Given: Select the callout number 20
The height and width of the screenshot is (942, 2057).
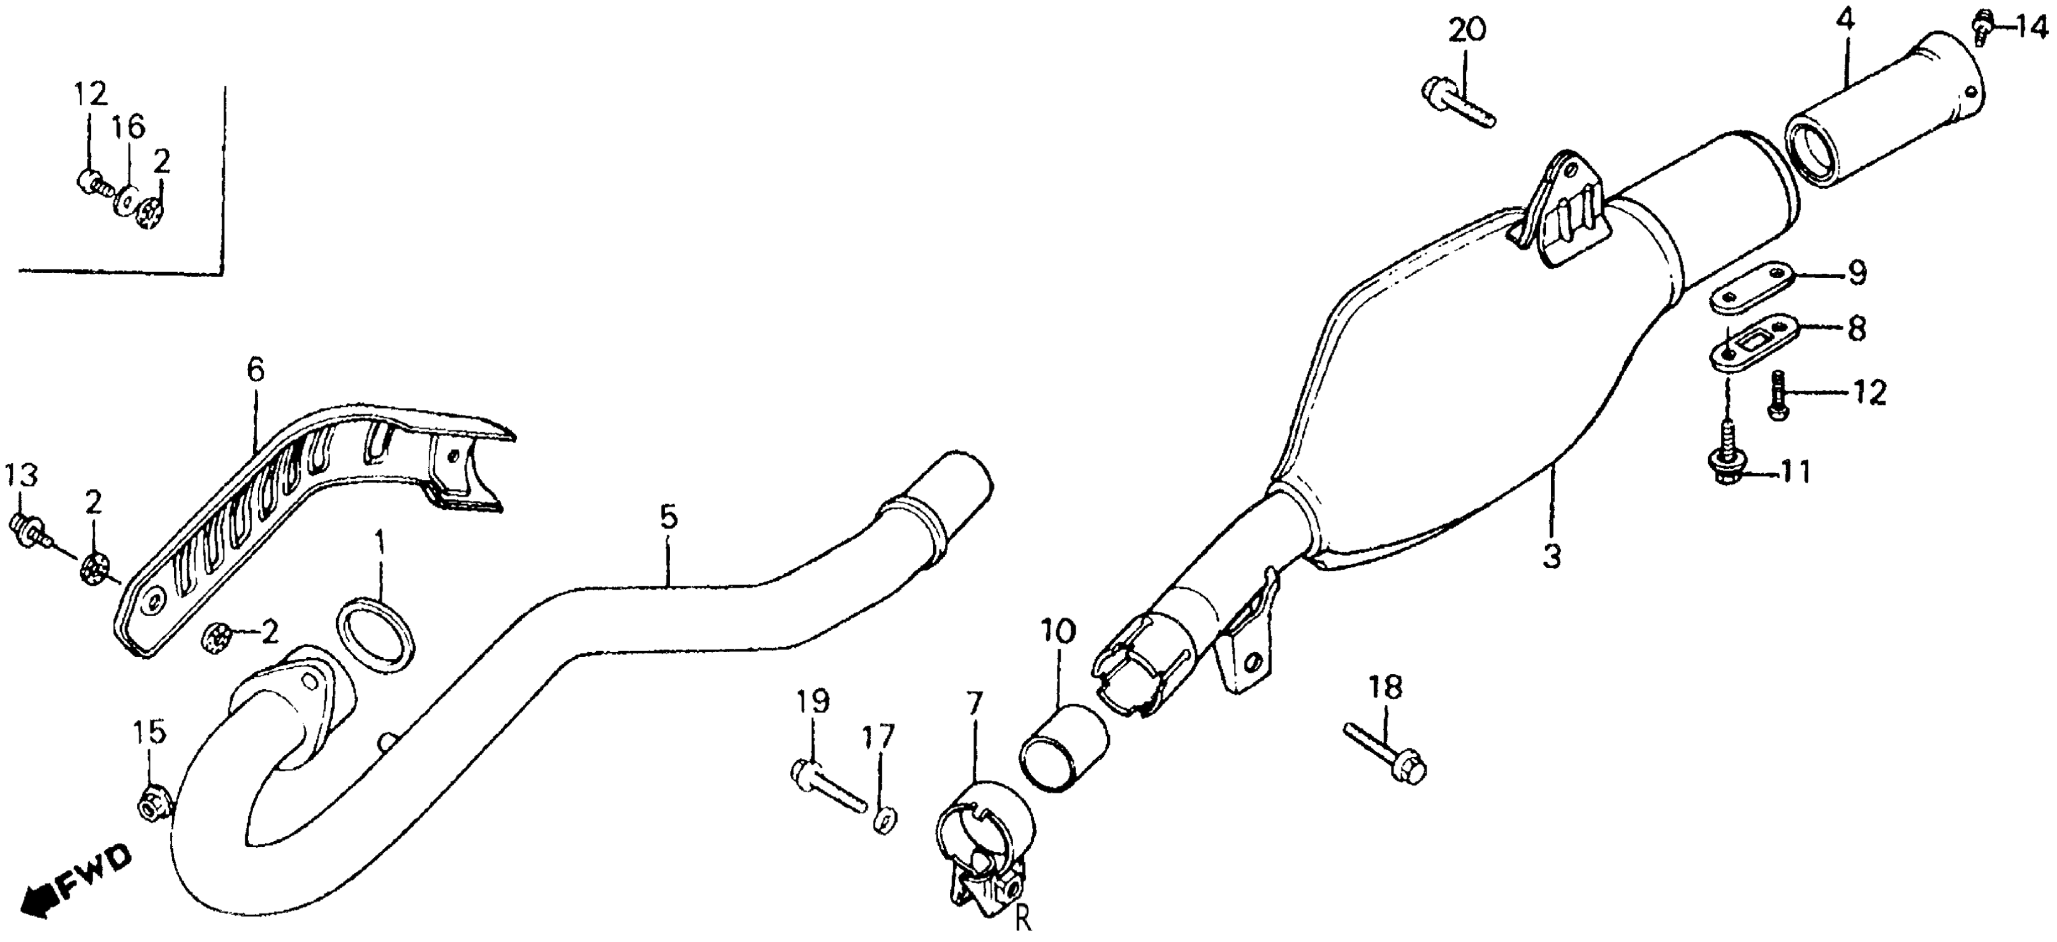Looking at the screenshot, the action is (x=1467, y=30).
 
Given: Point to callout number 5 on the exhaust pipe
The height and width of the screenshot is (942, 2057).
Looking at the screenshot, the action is (x=668, y=518).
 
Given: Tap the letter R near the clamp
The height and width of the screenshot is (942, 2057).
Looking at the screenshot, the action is (x=1024, y=921).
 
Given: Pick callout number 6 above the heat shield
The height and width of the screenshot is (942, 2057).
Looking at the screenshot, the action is (x=255, y=370).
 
